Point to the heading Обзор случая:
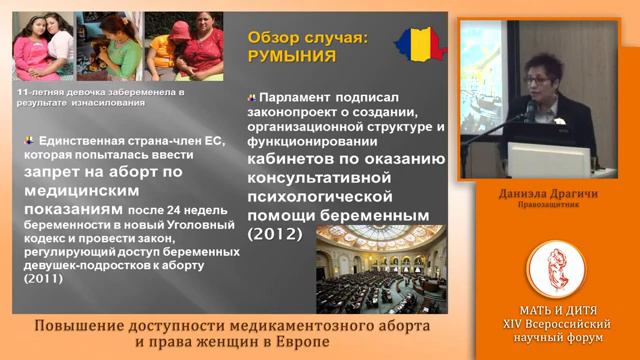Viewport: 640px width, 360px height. point(307,38)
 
